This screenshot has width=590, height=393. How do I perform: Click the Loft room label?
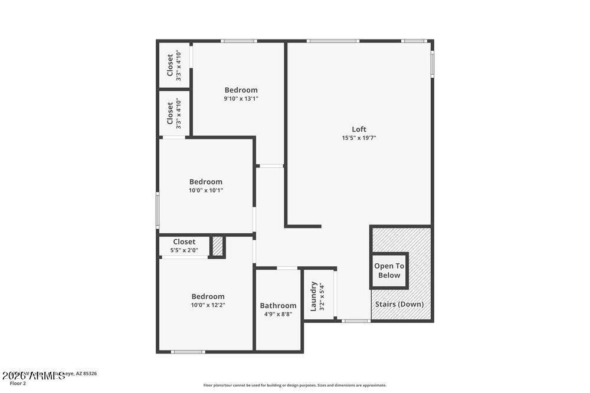[359, 129]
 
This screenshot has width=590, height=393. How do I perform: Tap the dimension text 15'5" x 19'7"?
[359, 138]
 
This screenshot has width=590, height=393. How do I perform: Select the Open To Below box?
[389, 271]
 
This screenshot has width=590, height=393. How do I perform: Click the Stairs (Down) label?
[399, 304]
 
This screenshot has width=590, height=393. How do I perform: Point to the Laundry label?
[314, 296]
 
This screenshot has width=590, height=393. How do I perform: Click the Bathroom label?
[278, 305]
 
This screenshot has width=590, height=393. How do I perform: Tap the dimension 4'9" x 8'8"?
[278, 314]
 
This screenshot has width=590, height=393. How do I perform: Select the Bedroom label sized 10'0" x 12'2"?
[208, 296]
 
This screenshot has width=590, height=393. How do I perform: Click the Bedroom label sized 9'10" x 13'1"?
[241, 90]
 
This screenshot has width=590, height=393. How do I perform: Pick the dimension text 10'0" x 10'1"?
[206, 190]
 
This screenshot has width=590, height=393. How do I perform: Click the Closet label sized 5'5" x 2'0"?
[184, 242]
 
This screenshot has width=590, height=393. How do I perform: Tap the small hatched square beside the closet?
[218, 246]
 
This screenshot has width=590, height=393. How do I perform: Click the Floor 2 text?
[18, 383]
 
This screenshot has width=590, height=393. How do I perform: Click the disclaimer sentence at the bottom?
[295, 385]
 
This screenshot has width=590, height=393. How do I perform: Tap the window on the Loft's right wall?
[432, 64]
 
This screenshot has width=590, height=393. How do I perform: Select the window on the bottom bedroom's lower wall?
[188, 352]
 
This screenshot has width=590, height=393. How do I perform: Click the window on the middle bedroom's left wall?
[158, 209]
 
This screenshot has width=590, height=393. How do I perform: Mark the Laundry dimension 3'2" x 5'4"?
[322, 296]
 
